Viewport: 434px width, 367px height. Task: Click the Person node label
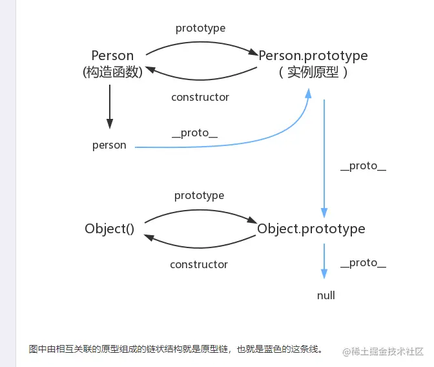[x=112, y=56]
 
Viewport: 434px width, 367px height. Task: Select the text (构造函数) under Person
[x=112, y=72]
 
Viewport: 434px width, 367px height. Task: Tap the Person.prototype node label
[x=313, y=56]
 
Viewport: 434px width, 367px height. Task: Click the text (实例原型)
[x=313, y=72]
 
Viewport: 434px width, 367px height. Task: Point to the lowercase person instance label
[x=109, y=145]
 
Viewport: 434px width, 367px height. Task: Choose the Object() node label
[x=110, y=229]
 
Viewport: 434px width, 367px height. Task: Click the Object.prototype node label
[x=311, y=229]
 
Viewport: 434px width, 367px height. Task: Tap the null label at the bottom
[x=326, y=295]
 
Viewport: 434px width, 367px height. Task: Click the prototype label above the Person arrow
[x=200, y=28]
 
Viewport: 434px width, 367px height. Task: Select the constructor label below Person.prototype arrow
[x=200, y=97]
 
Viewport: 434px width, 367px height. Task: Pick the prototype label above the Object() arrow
[x=200, y=195]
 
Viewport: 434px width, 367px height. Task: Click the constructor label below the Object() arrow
[x=199, y=264]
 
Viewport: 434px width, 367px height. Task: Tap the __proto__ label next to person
[x=194, y=132]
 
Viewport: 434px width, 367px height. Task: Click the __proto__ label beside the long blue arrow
[x=363, y=166]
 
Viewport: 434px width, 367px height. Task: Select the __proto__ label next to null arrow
[x=363, y=262]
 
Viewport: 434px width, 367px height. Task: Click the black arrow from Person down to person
[x=110, y=107]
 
